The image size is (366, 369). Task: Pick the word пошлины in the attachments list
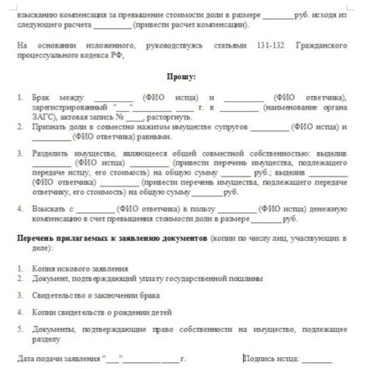pyautogui.click(x=248, y=279)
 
